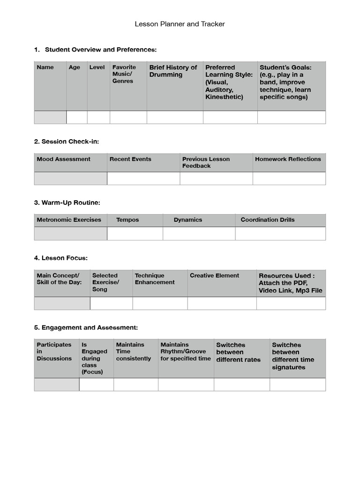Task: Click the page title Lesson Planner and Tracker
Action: point(180,24)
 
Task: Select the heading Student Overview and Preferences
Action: point(100,50)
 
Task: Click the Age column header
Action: point(75,67)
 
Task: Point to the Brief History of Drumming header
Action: point(173,71)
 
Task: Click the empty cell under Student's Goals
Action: point(291,117)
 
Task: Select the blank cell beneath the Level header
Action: point(98,117)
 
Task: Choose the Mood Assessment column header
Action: point(64,159)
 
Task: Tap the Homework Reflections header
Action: point(288,159)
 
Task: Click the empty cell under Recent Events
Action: point(143,179)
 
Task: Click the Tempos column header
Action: point(127,220)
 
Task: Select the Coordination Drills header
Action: point(268,220)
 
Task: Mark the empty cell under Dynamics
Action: point(199,233)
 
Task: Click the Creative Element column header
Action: point(214,276)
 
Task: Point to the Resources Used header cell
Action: point(290,283)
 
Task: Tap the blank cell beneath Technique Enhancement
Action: point(160,303)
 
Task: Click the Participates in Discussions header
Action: point(54,352)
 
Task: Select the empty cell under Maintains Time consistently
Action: point(135,385)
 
